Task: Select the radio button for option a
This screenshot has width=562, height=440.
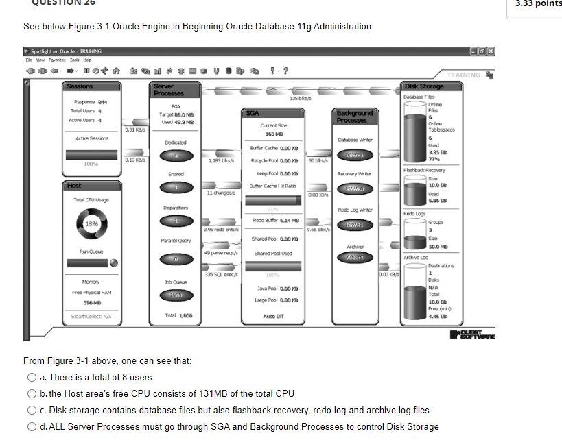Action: tap(32, 377)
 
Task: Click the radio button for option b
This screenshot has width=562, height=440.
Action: tap(32, 393)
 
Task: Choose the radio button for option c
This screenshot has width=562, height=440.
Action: tap(32, 410)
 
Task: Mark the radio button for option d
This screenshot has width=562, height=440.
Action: tap(32, 426)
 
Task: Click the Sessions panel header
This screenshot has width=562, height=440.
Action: tap(80, 86)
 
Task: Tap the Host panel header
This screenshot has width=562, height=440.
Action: tap(74, 186)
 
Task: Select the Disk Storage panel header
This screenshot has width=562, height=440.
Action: tap(424, 86)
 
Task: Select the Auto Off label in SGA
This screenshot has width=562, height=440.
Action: tap(273, 317)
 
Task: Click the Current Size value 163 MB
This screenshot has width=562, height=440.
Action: tap(274, 134)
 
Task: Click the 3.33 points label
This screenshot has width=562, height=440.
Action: tap(537, 3)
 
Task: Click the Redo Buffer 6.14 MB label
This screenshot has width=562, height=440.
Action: tap(274, 220)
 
